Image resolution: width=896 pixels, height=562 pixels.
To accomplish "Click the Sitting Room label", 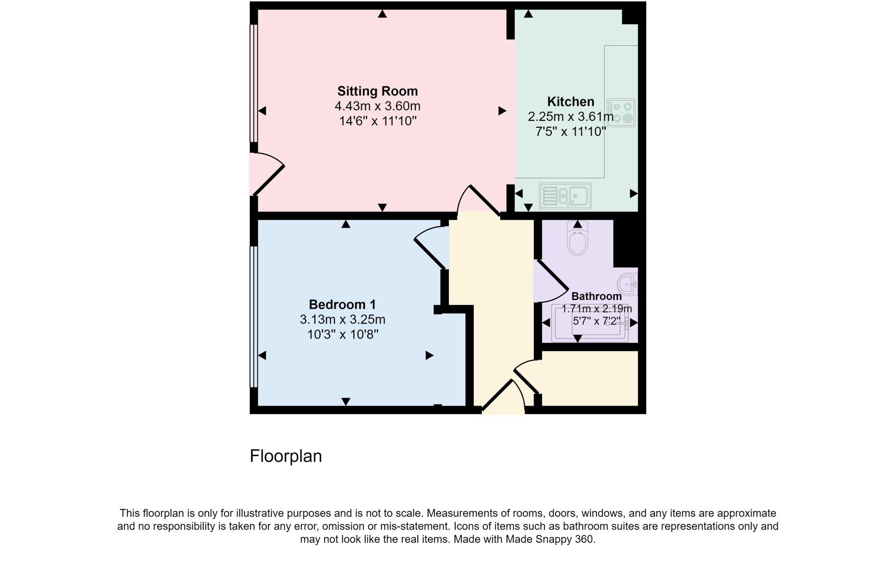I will pyautogui.click(x=378, y=91).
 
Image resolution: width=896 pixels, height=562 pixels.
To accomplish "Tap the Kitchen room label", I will pyautogui.click(x=570, y=102).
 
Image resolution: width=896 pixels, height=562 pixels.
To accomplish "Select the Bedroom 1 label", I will pyautogui.click(x=342, y=304).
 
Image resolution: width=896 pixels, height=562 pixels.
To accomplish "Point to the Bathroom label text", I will pyautogui.click(x=596, y=296).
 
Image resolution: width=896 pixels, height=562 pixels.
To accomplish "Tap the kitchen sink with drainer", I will pyautogui.click(x=565, y=196).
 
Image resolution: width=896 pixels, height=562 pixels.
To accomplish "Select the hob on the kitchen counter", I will pyautogui.click(x=621, y=113).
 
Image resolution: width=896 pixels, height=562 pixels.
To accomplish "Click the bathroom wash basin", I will pyautogui.click(x=628, y=284).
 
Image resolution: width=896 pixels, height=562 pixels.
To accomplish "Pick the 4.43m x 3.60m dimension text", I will pyautogui.click(x=378, y=106).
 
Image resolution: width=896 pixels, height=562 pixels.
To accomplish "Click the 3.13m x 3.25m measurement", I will pyautogui.click(x=342, y=319).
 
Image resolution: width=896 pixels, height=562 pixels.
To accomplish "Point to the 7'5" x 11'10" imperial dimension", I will pyautogui.click(x=570, y=131).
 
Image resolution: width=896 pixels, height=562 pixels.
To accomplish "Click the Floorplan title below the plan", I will pyautogui.click(x=286, y=456).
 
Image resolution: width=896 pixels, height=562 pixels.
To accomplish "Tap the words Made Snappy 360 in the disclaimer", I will pyautogui.click(x=550, y=539).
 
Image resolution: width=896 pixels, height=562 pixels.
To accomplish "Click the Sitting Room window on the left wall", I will pyautogui.click(x=253, y=83).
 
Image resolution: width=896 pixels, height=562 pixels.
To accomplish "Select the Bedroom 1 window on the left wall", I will pyautogui.click(x=253, y=317).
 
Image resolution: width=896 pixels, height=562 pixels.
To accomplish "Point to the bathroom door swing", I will pyautogui.click(x=551, y=283).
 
